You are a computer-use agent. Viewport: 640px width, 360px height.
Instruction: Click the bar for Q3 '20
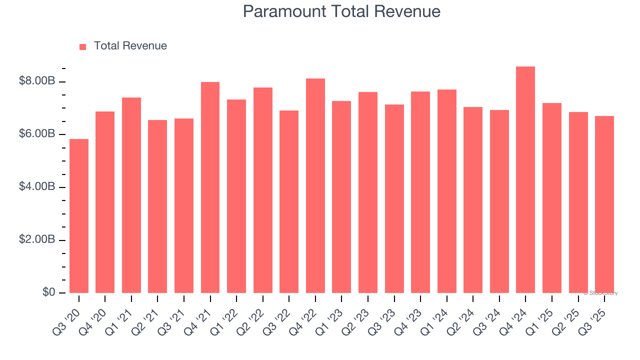point(79,216)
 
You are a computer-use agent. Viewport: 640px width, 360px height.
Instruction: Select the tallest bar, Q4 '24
point(525,180)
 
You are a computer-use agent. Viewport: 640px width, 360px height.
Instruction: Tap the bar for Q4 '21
point(210,187)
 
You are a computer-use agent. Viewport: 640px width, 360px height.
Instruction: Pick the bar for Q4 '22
point(315,186)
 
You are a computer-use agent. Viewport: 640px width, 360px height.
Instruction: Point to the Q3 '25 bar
point(604,204)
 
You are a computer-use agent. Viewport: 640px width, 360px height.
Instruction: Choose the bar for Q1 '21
point(131,195)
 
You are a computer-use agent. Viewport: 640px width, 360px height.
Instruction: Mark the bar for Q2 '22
point(263,190)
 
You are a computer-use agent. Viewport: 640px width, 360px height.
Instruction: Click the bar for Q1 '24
point(447,191)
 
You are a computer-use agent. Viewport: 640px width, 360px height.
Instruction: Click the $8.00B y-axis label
point(36,81)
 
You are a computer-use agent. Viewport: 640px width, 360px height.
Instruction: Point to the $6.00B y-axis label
point(36,134)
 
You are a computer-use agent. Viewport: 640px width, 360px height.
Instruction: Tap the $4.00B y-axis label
point(36,187)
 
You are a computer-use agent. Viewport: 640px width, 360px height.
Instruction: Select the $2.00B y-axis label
point(36,240)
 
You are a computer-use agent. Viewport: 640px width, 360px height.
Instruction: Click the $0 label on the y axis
point(48,292)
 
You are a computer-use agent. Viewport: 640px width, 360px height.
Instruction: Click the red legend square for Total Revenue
point(83,46)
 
